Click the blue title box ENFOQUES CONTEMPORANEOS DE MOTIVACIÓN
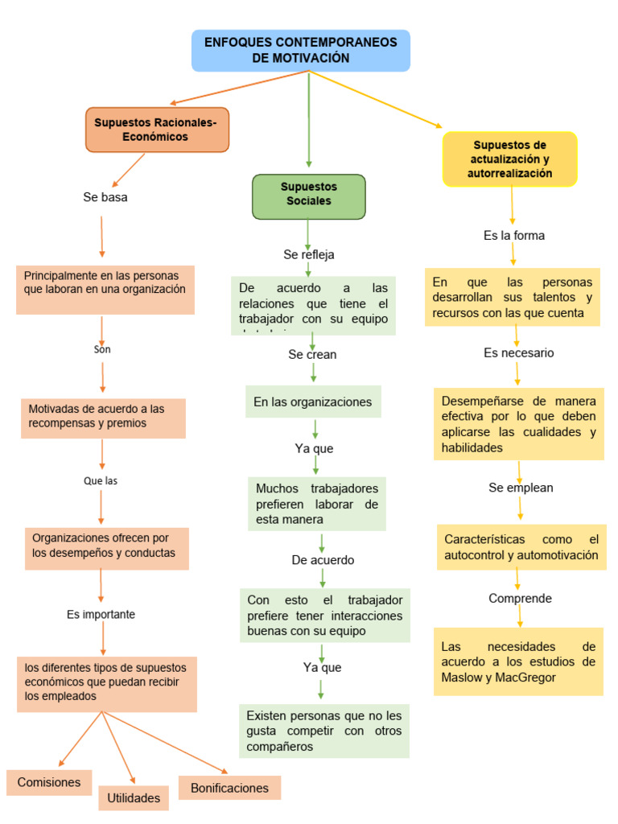pos(301,50)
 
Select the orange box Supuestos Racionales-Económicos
pos(157,130)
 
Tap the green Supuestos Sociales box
pos(309,196)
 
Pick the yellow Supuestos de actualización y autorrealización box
pos(510,159)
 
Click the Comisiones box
pos(49,782)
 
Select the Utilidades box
pos(134,797)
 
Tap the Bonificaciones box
pos(229,788)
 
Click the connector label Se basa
pos(105,197)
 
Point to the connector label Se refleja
pos(309,254)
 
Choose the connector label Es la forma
pos(514,236)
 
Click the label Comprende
pos(520,598)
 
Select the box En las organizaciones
pos(313,402)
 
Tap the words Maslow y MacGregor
pos(499,677)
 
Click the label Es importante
pos(101,614)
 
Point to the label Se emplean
pos(521,488)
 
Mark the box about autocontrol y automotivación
pos(521,547)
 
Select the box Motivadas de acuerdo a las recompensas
pos(103,416)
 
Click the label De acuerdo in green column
pos(323,560)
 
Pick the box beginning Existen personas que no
pos(323,731)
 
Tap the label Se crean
pos(312,354)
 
